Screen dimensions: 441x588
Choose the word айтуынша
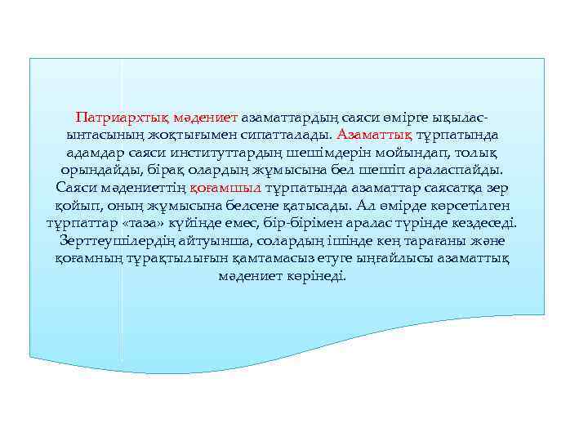214,242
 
